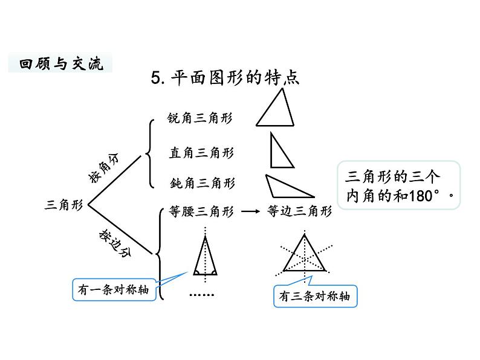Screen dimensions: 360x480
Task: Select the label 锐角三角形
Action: [199, 118]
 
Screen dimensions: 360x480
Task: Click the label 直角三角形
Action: [201, 153]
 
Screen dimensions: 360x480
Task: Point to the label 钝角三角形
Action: [202, 182]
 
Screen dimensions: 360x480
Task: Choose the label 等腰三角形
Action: [201, 212]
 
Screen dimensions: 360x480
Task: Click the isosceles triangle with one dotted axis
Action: [206, 257]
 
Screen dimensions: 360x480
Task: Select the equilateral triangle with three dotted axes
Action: [306, 255]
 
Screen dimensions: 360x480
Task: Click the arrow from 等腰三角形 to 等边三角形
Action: [250, 212]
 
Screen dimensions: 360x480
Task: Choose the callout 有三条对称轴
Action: [314, 297]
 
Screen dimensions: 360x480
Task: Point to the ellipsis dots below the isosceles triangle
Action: [202, 295]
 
